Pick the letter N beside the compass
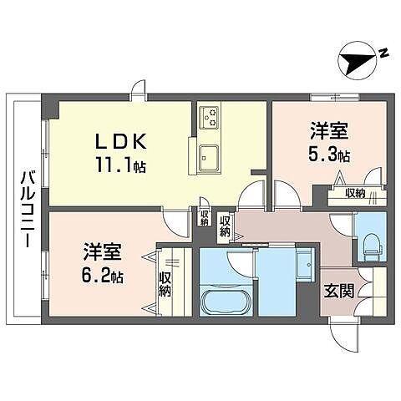pyautogui.click(x=383, y=53)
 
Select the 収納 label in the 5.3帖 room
pyautogui.click(x=356, y=194)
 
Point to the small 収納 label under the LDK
pyautogui.click(x=204, y=218)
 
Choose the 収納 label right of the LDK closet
pyautogui.click(x=226, y=225)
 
